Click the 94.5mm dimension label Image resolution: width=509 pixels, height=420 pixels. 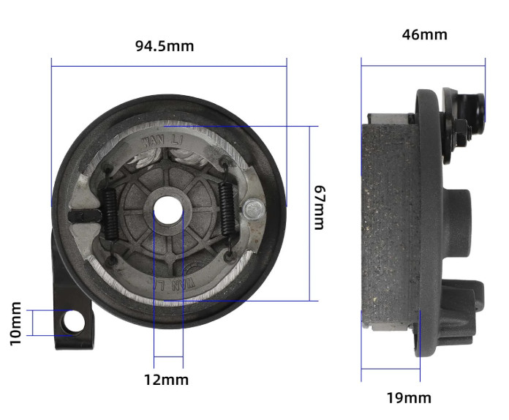pos(165,46)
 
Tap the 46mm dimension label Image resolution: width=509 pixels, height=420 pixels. pos(425,35)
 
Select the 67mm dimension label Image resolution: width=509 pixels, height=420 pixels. pos(320,208)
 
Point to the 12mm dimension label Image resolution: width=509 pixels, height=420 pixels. pos(166,380)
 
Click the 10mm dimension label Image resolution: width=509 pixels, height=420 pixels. pos(15,324)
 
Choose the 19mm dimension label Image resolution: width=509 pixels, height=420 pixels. pos(409,398)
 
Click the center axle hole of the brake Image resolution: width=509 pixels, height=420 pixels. pos(167,211)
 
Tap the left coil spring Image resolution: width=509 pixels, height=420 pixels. pos(110,214)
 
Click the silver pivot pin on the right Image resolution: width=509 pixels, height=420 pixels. pos(254,209)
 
